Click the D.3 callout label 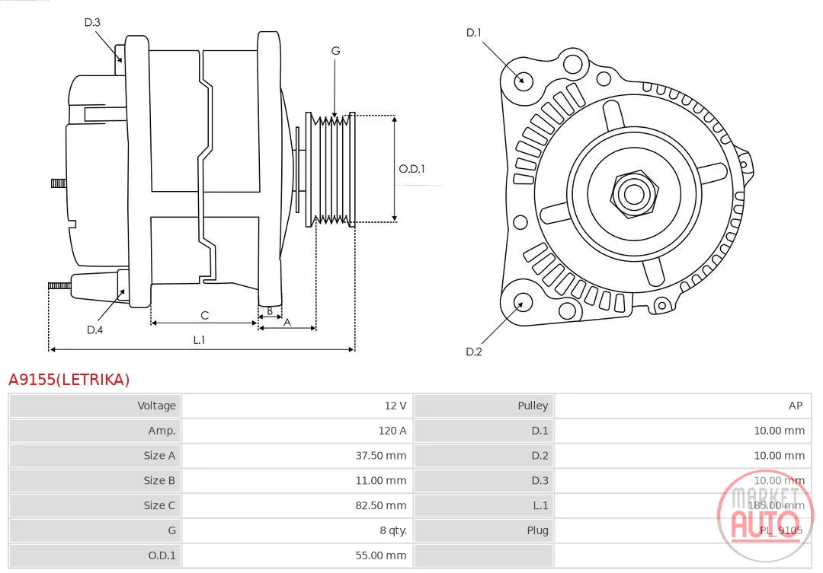point(92,22)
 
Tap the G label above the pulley point(335,51)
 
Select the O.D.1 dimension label point(411,169)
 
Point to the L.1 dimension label point(199,339)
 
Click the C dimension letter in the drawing point(205,315)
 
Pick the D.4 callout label point(94,329)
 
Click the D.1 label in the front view point(473,33)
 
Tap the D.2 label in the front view point(473,352)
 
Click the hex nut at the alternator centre point(634,195)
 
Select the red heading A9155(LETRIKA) point(69,379)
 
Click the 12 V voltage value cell point(395,406)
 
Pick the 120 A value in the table point(392,431)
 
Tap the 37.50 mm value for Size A point(380,456)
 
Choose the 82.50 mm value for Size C point(380,505)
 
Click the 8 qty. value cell point(393,530)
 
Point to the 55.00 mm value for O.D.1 point(380,555)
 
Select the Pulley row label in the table point(533,406)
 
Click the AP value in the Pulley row point(795,406)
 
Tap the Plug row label point(537,530)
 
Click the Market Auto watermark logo point(765,516)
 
